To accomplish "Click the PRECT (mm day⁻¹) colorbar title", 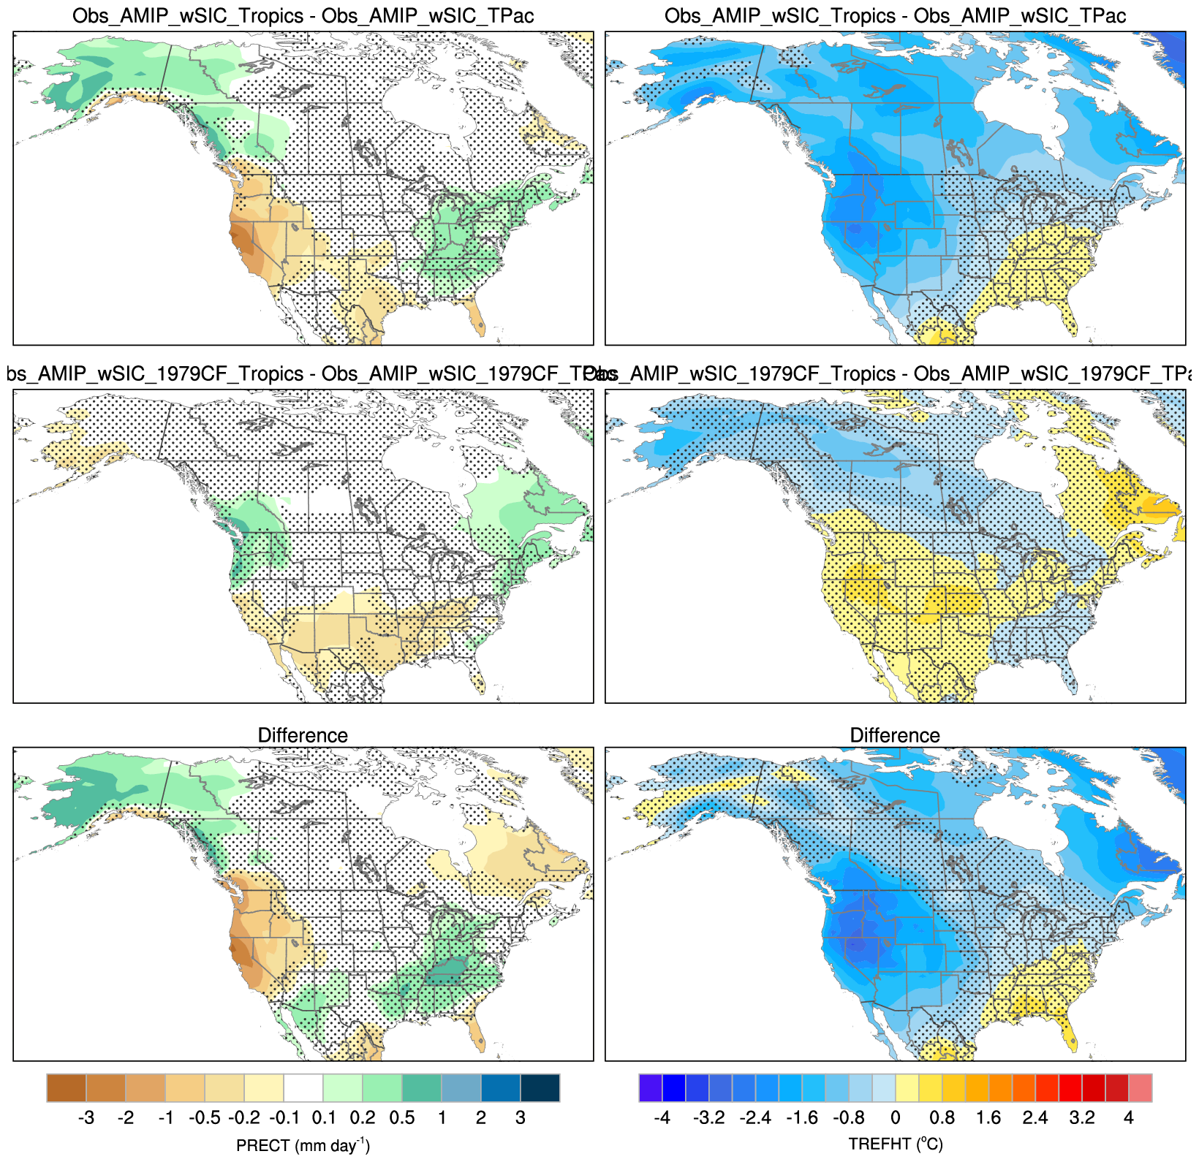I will (x=303, y=1145).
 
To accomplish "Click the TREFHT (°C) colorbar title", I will (x=895, y=1144).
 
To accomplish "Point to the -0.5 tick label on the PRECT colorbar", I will (x=205, y=1118).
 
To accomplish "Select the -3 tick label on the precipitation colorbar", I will (x=86, y=1118).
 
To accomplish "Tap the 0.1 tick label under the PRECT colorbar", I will (x=323, y=1118).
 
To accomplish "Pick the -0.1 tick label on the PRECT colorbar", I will (x=284, y=1118).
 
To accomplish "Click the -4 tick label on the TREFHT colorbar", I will (x=662, y=1118).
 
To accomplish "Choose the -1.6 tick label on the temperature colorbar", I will (x=802, y=1118).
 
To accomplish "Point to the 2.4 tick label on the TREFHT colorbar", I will (x=1035, y=1118).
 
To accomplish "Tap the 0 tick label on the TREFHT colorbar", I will (x=896, y=1118).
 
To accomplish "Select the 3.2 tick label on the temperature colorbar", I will (x=1082, y=1118).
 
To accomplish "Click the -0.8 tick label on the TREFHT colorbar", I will (x=849, y=1118).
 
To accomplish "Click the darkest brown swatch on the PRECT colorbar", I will (x=67, y=1087).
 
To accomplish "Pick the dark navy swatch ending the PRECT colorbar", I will (x=540, y=1087).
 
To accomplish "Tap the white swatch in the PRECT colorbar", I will (x=303, y=1087).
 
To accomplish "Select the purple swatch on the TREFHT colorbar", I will (x=651, y=1087).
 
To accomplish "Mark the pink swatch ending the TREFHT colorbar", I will (x=1141, y=1087).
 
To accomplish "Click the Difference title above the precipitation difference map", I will (x=303, y=735).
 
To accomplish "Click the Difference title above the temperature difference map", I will (x=895, y=735).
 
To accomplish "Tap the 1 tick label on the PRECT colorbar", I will (x=442, y=1118).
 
